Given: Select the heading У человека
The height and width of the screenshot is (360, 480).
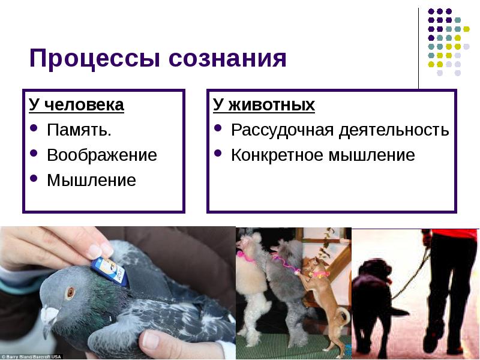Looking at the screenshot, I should pos(76,106).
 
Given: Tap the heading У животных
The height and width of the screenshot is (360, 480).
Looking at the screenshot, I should pos(264,106).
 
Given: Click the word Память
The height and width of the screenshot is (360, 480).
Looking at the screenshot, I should pos(79,130).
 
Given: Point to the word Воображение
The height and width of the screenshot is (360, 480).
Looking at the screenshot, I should pos(101,155).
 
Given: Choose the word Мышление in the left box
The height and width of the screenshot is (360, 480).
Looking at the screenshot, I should pos(91,180).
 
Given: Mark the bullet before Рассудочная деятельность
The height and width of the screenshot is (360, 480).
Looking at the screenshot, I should pos(220,130).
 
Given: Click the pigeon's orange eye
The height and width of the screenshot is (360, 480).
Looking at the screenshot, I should pos(71,292).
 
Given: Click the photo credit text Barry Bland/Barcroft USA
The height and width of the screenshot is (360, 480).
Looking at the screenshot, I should pos(30,356).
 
